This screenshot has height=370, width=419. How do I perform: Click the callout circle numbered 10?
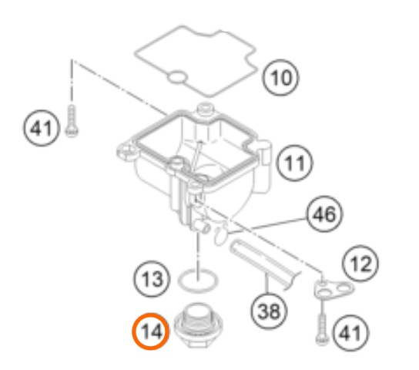280,78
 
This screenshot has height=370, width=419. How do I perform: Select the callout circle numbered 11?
294,163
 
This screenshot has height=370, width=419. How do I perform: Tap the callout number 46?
324,214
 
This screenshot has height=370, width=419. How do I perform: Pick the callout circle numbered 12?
360,264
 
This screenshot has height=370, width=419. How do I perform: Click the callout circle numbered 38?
269,311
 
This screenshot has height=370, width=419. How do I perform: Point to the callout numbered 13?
152,279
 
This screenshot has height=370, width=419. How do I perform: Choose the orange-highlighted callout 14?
151,331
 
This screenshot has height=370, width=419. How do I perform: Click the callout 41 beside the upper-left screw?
41,128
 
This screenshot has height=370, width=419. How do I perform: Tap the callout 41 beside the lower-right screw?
350,333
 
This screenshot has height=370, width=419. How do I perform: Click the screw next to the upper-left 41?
72,121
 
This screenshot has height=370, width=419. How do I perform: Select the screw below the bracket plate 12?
322,329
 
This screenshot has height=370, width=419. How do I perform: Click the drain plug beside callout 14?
198,325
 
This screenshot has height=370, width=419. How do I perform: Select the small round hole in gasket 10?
177,78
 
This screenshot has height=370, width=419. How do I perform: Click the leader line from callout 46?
266,226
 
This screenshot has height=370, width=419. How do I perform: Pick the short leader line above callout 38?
266,283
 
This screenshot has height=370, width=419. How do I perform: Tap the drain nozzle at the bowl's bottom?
201,226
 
